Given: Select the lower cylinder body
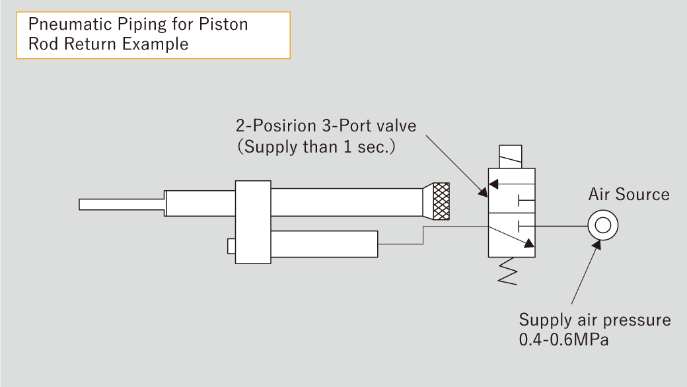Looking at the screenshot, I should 324,244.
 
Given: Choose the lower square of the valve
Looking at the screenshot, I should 511,235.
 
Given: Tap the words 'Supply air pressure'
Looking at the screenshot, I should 595,320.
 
